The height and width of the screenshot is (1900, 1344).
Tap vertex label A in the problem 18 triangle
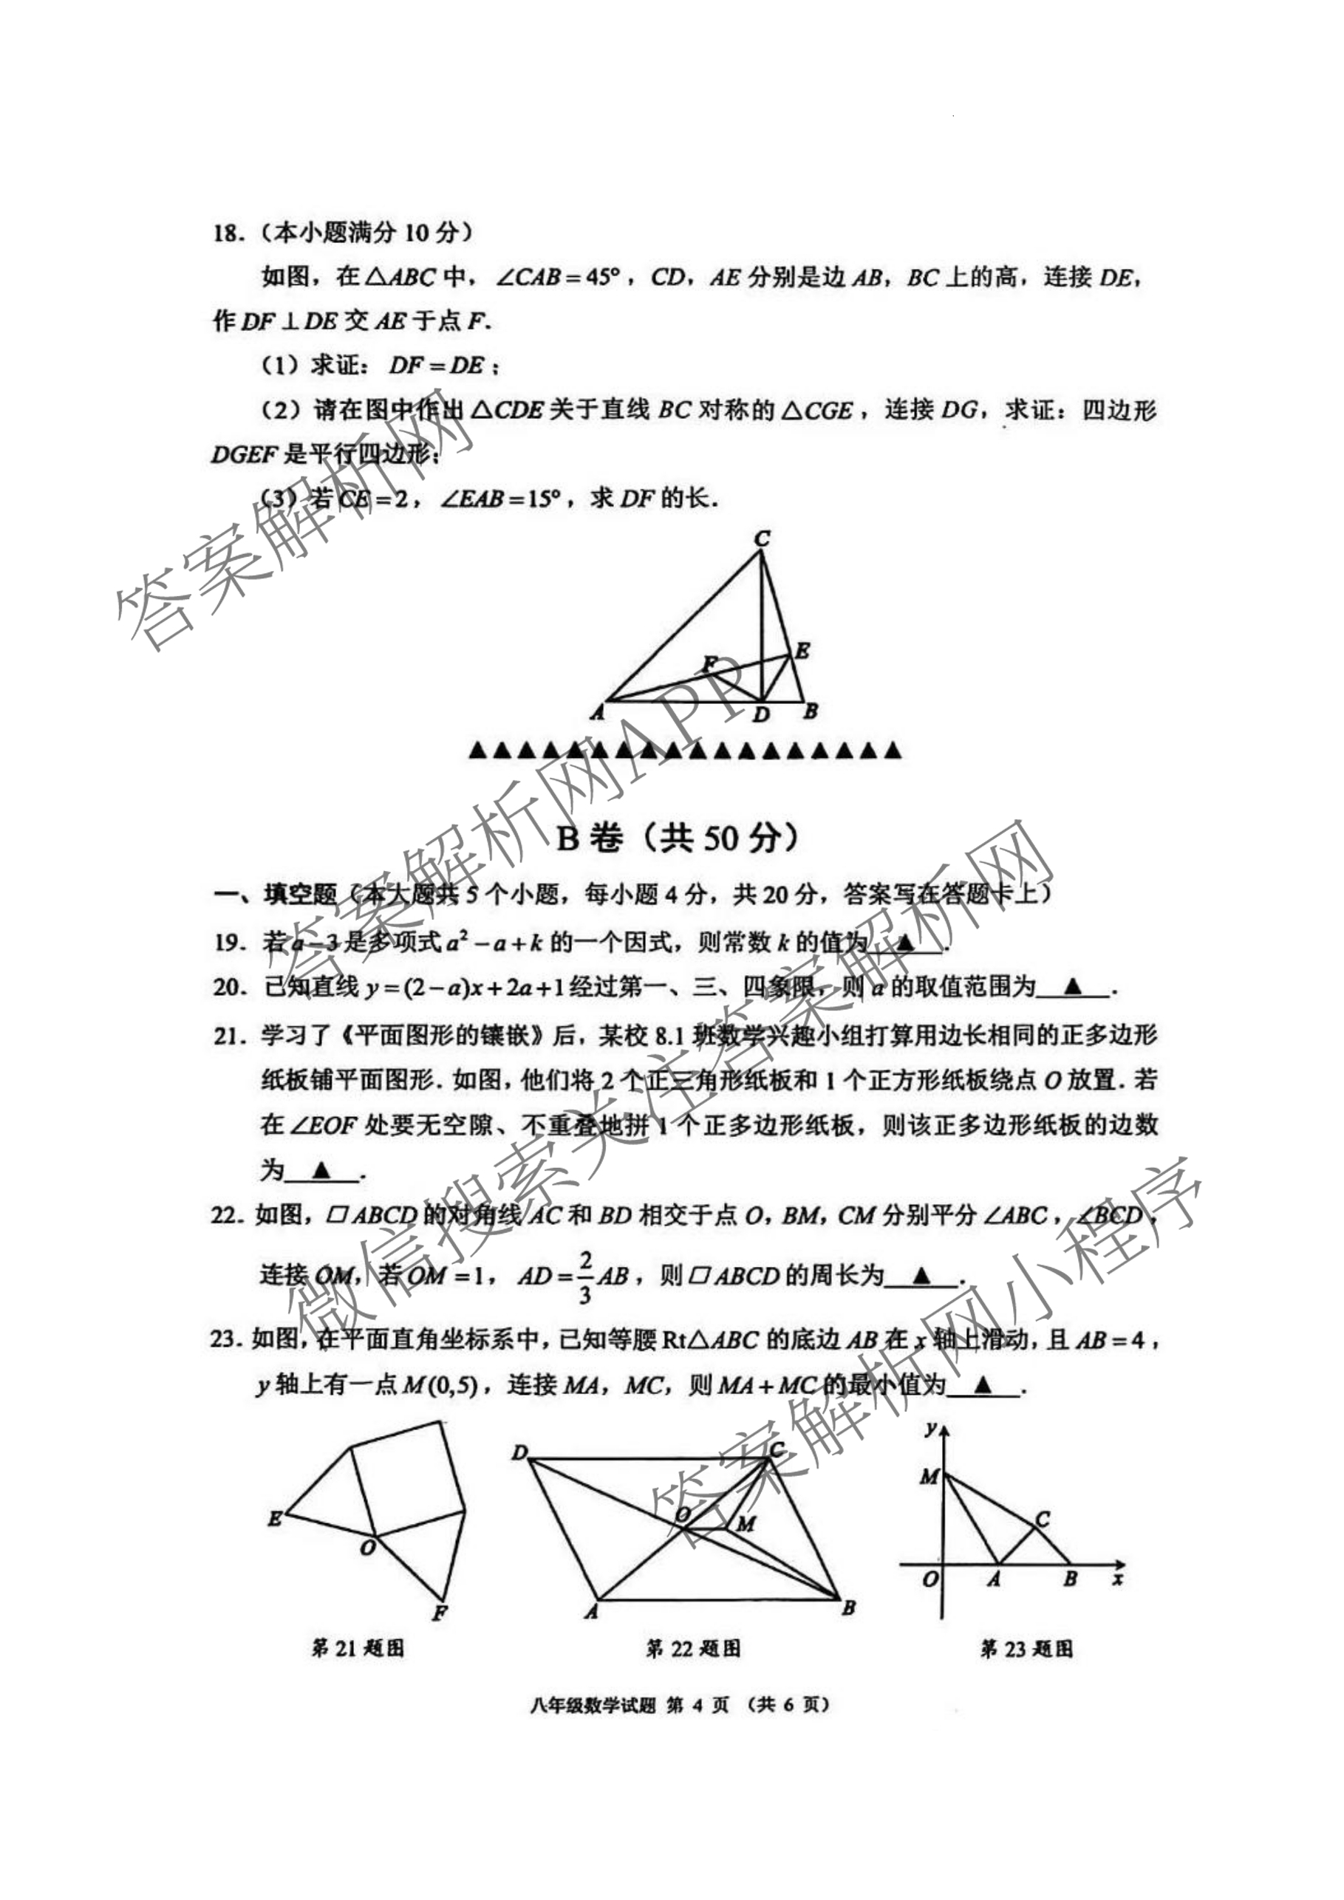598,711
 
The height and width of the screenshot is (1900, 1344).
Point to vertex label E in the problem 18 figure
802,652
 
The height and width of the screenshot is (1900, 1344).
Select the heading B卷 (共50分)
676,838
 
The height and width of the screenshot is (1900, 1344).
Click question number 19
228,943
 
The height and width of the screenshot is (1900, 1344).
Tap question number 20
228,987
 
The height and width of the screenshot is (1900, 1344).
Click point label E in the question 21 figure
275,1519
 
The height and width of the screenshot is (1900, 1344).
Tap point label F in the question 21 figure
440,1612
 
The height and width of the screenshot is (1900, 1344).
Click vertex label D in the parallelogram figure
519,1452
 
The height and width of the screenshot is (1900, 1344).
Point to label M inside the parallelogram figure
746,1523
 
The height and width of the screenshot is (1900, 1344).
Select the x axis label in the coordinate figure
1117,1579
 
